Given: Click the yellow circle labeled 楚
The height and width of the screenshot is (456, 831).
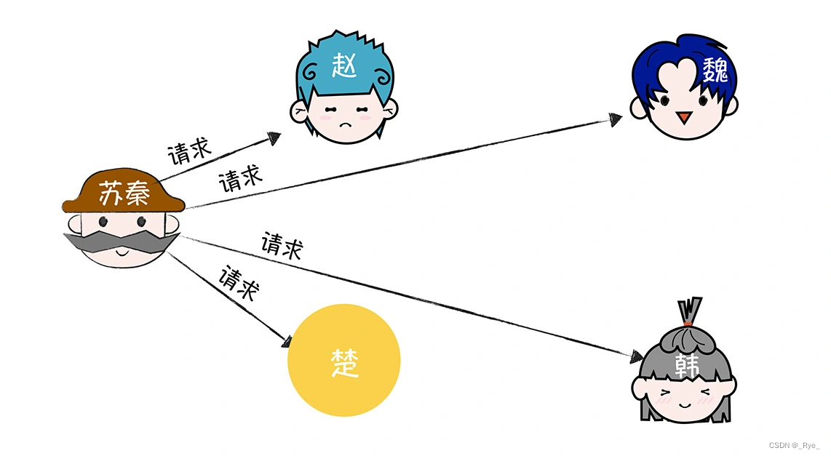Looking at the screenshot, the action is [x=344, y=361].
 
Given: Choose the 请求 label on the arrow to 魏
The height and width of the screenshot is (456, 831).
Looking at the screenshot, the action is [x=240, y=177].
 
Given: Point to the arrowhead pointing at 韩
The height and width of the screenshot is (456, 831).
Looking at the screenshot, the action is [x=635, y=357].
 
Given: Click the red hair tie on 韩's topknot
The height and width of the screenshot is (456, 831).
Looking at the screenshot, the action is [x=688, y=320].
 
